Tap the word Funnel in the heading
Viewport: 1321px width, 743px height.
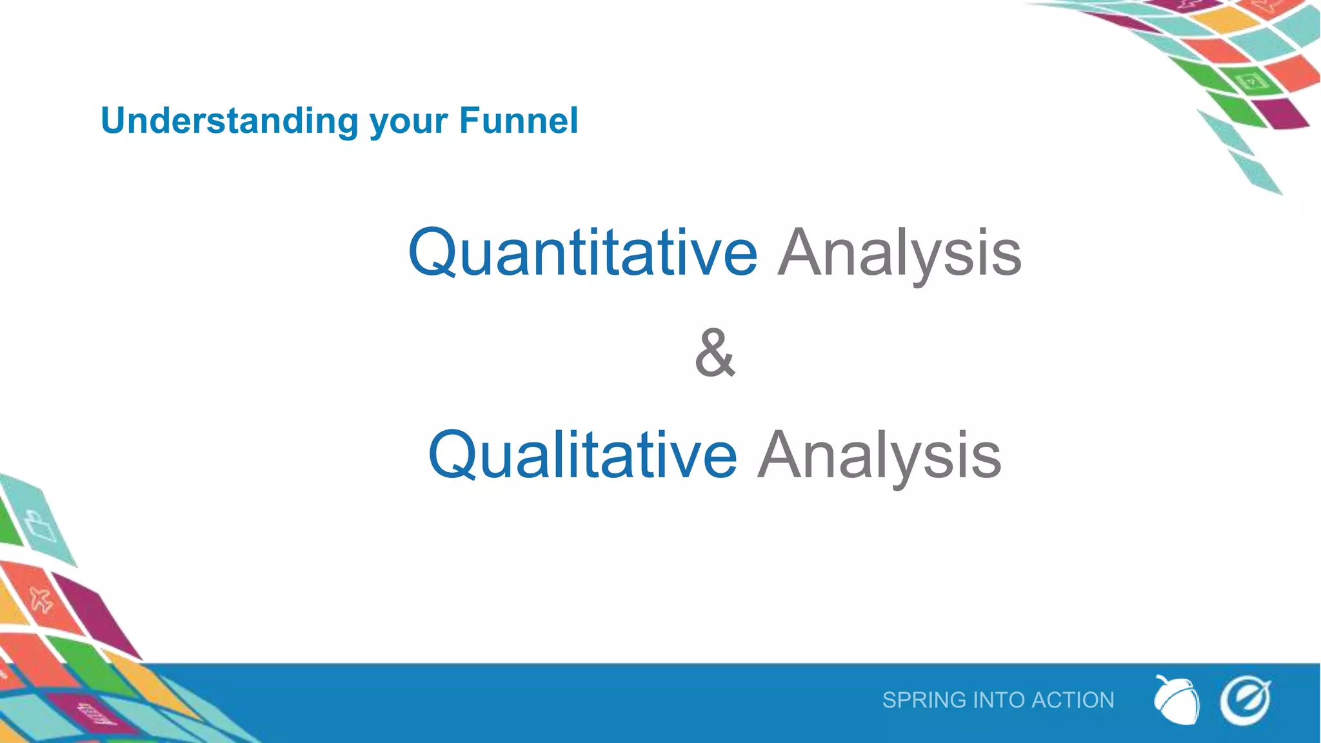[x=519, y=121]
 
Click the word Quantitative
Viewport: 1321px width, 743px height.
[x=582, y=253]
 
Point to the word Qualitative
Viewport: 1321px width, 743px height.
[x=582, y=455]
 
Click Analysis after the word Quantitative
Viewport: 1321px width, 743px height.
[x=899, y=253]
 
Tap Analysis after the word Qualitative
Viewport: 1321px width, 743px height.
[x=879, y=455]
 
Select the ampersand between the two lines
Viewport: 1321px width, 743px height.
[x=715, y=353]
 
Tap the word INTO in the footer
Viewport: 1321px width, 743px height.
[x=999, y=700]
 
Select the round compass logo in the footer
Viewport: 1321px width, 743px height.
[x=1245, y=700]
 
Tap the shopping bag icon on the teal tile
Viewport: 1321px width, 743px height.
[x=40, y=526]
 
